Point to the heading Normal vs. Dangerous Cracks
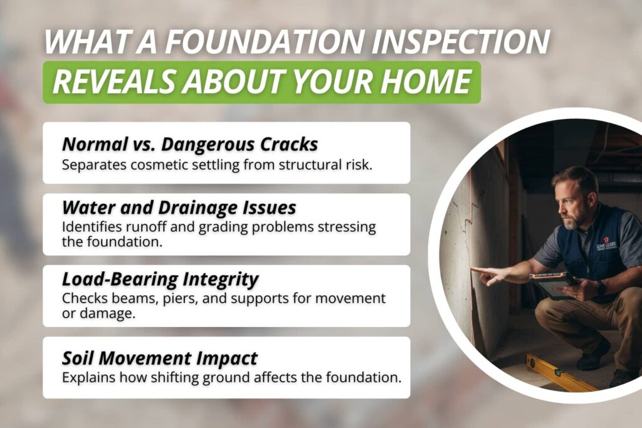pyautogui.click(x=190, y=144)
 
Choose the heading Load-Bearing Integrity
pyautogui.click(x=160, y=278)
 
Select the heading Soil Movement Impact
pyautogui.click(x=160, y=358)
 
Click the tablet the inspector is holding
pyautogui.click(x=552, y=285)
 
